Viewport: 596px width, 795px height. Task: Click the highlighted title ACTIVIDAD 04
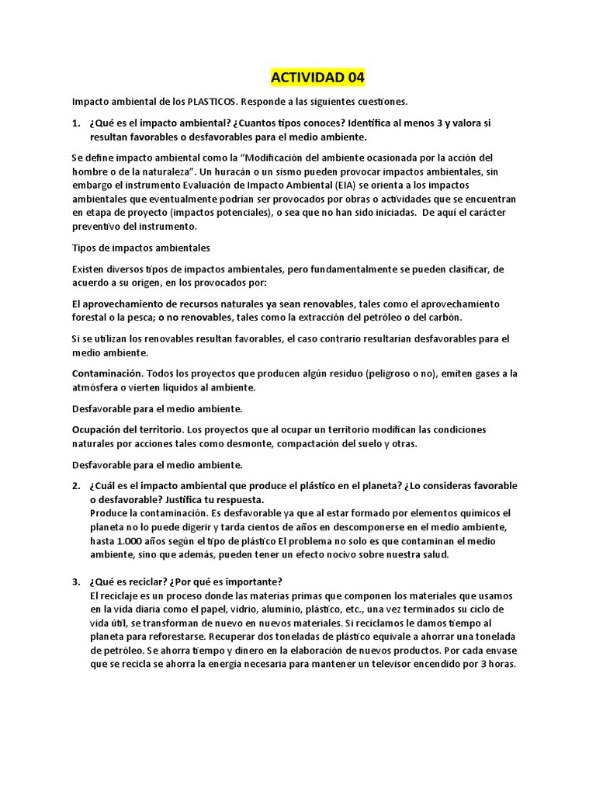[x=317, y=78]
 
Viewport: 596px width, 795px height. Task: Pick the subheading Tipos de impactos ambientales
[x=141, y=248]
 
